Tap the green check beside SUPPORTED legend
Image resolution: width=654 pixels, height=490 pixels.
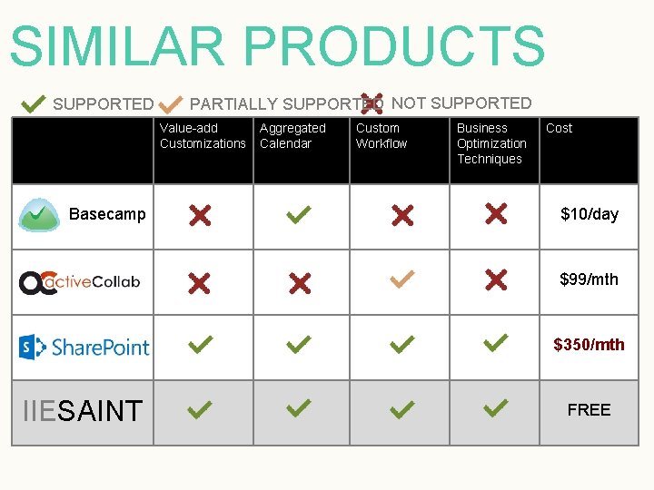pos(33,103)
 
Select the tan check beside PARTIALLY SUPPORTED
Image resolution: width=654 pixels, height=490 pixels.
pos(172,103)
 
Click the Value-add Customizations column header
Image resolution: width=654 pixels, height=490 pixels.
pos(203,136)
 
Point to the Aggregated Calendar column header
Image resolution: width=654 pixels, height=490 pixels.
pos(292,136)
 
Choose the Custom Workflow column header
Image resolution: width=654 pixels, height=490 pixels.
pos(381,136)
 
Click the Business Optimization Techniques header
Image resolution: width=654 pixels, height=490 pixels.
pos(491,143)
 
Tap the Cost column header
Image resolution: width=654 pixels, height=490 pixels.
pos(559,128)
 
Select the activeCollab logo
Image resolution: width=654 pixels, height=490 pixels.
pos(80,281)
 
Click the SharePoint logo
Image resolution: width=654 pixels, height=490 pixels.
pos(84,347)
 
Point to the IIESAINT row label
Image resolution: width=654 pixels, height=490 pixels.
pos(82,411)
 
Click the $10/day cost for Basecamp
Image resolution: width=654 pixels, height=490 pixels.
pos(589,214)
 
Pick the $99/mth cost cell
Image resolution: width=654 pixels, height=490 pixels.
pos(589,279)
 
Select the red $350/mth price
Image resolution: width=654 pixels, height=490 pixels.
pos(589,345)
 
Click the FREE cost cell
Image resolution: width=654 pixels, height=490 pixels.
pos(589,410)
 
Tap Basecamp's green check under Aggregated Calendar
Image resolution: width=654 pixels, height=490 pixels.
pos(299,215)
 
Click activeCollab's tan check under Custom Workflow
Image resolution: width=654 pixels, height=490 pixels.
pos(401,280)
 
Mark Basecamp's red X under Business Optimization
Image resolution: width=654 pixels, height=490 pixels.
pos(496,213)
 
